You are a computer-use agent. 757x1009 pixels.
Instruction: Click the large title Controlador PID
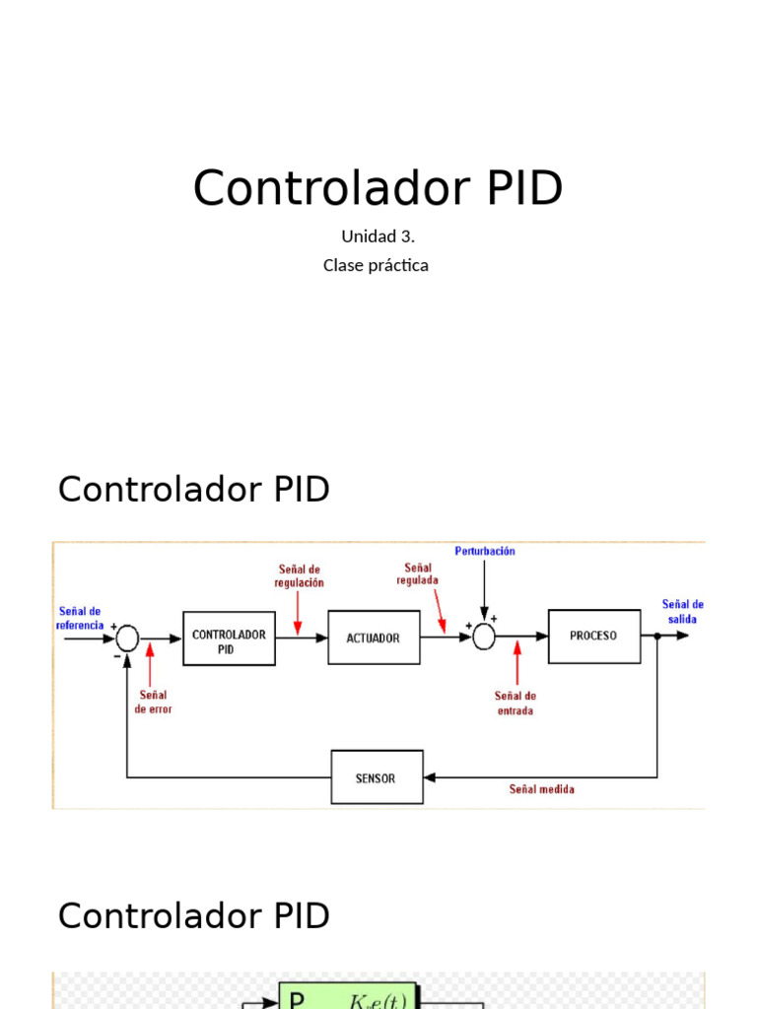click(x=378, y=187)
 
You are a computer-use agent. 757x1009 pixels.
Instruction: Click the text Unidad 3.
click(x=378, y=236)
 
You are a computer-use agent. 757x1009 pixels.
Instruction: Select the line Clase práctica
click(x=376, y=265)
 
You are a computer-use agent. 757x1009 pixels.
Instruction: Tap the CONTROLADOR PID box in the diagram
click(x=229, y=638)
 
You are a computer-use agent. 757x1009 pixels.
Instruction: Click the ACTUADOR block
click(x=374, y=638)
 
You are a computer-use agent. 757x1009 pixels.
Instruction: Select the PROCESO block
click(x=593, y=636)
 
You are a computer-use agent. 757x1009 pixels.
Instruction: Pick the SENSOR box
click(x=376, y=777)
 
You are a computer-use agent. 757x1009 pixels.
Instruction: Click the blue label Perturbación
click(x=484, y=552)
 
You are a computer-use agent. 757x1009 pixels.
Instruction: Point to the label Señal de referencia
click(x=80, y=618)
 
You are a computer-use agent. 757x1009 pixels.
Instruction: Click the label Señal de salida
click(x=682, y=611)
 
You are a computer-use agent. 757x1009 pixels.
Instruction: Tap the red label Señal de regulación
click(x=300, y=575)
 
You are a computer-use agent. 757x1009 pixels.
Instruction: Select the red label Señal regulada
click(x=418, y=573)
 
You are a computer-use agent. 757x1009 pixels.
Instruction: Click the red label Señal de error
click(x=153, y=702)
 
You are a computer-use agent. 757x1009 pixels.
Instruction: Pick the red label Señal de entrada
click(x=516, y=703)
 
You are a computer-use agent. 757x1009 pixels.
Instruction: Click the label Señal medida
click(x=541, y=789)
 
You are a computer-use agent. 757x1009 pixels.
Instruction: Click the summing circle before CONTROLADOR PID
click(x=127, y=639)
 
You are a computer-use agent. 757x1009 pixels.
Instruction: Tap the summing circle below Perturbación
click(x=483, y=638)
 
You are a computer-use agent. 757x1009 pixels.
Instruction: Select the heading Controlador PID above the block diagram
click(x=194, y=489)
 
